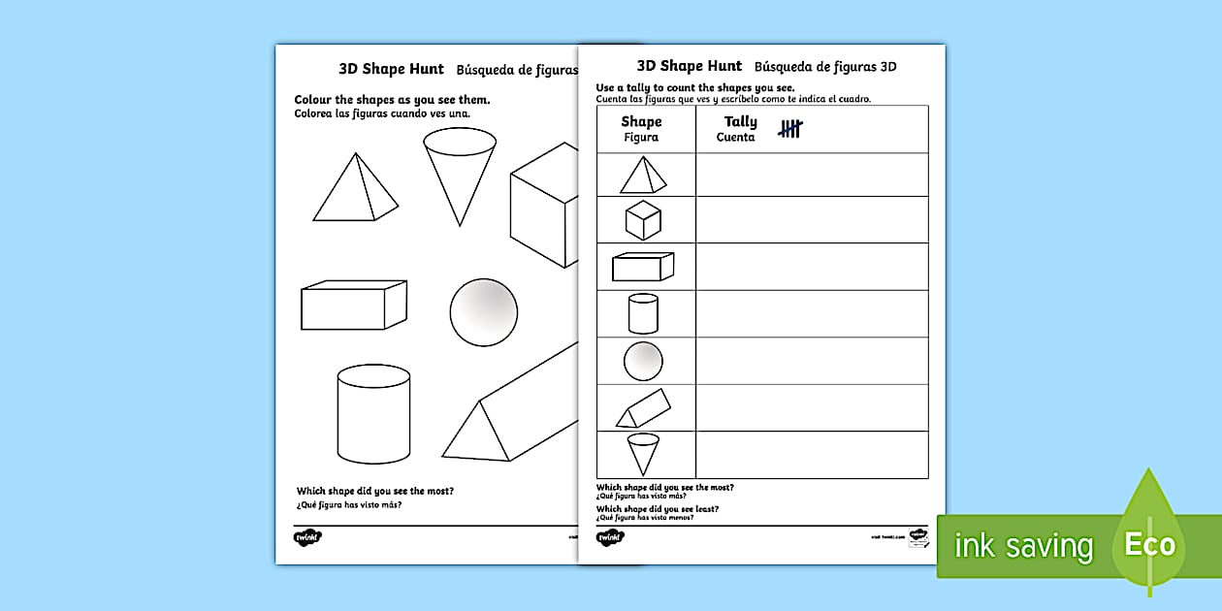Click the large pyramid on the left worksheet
tap(354, 191)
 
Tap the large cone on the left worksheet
tap(459, 174)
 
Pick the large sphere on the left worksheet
tap(483, 311)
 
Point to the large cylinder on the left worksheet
tap(373, 414)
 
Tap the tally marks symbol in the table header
tap(790, 129)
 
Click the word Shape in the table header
tap(641, 122)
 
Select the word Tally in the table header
tap(740, 122)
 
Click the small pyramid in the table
tap(643, 176)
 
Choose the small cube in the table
tap(642, 220)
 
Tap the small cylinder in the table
tap(643, 313)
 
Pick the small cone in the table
tap(642, 454)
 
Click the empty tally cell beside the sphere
tap(812, 362)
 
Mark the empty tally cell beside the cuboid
tap(812, 267)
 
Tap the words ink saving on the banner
tap(1023, 546)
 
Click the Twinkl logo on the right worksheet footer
tap(610, 536)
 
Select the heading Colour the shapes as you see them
tap(392, 100)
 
